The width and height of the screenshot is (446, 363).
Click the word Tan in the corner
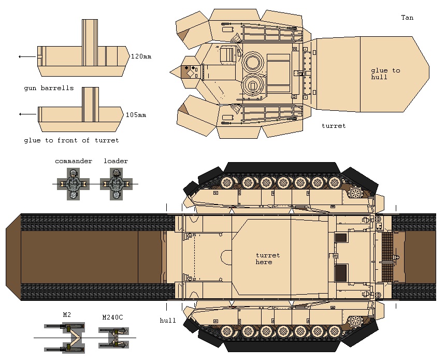407,18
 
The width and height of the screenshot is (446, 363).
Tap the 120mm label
141,56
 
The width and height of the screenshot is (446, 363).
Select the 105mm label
136,115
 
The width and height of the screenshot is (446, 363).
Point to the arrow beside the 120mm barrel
27,56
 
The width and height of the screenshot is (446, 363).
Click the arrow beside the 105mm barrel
27,114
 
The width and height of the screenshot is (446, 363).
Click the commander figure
74,184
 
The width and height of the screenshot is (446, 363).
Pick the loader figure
116,184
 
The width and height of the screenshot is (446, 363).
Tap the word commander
74,161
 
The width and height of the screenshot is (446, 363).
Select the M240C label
112,317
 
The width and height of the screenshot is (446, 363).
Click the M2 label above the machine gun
67,315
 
